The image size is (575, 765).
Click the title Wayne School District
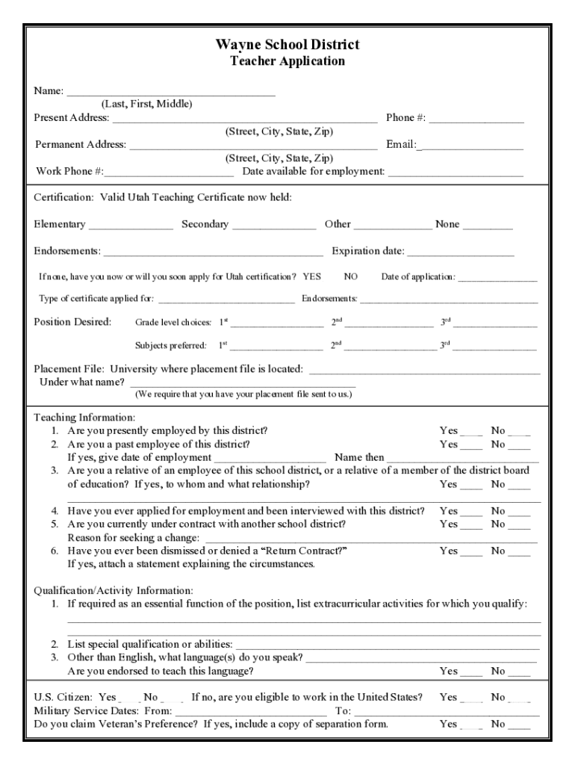coord(287,45)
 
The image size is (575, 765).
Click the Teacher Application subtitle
coord(287,61)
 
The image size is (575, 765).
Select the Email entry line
coord(471,145)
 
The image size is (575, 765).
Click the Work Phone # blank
coord(170,172)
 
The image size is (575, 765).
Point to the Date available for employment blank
coord(456,172)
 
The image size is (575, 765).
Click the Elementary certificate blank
coord(131,225)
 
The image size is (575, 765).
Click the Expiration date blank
coord(461,252)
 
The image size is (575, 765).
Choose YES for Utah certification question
coord(312,277)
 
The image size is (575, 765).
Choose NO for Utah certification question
coord(351,277)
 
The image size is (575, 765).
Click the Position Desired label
coord(72,322)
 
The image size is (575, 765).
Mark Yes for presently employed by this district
coord(471,432)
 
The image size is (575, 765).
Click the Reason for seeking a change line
coord(370,539)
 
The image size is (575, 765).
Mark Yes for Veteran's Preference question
coord(471,725)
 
